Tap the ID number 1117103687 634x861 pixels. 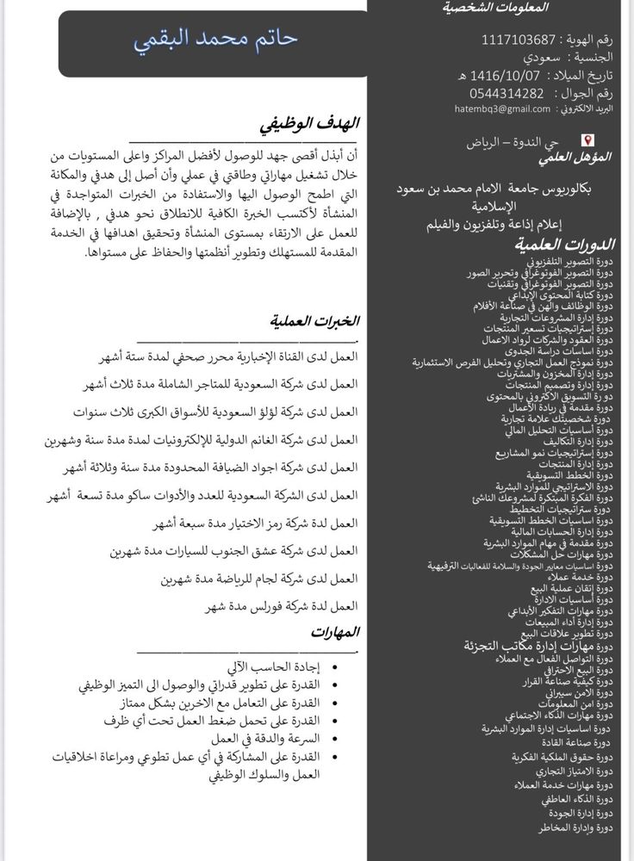pos(519,40)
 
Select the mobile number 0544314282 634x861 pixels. pos(507,93)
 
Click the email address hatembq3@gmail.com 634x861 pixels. pos(503,109)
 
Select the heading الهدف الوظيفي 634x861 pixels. pos(310,126)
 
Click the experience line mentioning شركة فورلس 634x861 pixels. pos(281,606)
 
